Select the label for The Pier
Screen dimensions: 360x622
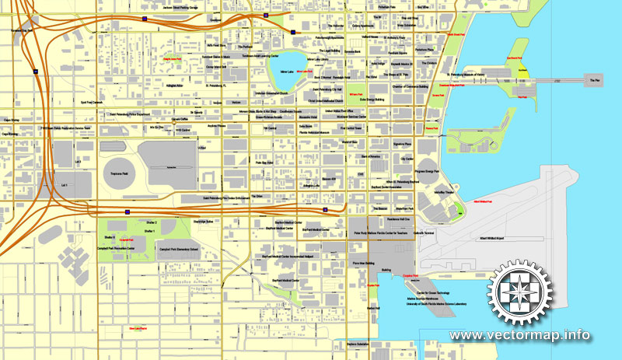click(x=596, y=79)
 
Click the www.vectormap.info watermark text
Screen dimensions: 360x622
click(x=519, y=336)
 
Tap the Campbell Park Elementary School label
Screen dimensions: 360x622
click(x=179, y=250)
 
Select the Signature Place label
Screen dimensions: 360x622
click(x=402, y=144)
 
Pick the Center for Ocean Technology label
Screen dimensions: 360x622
click(x=421, y=292)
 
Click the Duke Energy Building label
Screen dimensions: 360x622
click(x=377, y=100)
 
